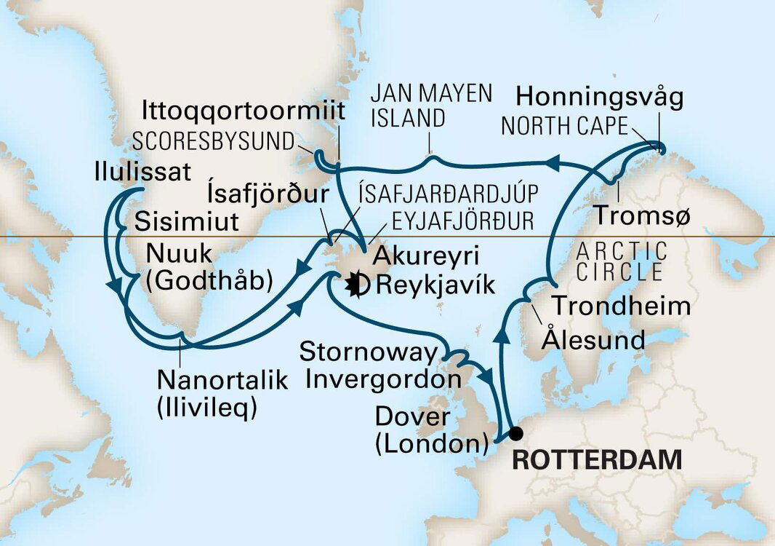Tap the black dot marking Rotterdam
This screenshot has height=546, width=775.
[x=515, y=434]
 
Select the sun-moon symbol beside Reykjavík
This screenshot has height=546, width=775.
[x=358, y=284]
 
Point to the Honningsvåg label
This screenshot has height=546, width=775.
[x=599, y=98]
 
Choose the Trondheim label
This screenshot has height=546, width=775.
[x=620, y=306]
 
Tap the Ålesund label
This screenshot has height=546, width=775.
[x=595, y=339]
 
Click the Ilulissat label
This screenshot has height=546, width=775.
[x=142, y=173]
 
